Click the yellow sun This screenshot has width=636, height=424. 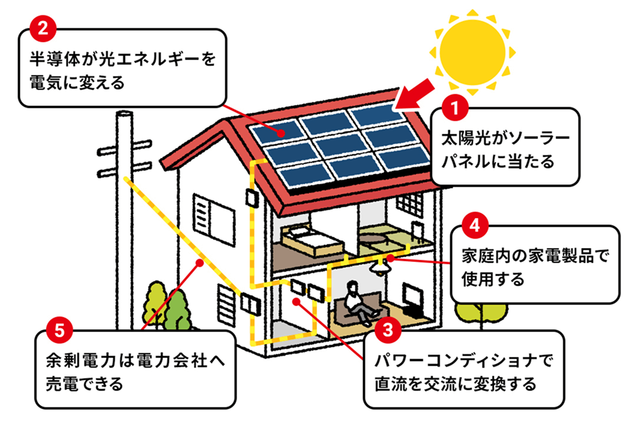click(472, 49)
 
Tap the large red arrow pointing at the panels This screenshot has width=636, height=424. click(417, 94)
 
